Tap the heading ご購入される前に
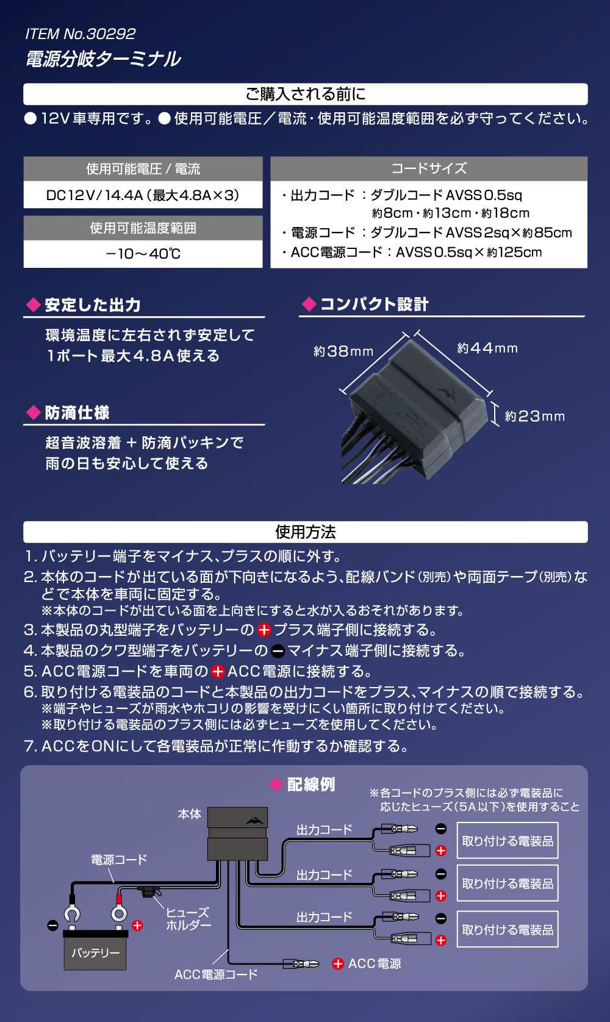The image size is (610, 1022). click(305, 94)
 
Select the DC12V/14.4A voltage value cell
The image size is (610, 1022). click(143, 195)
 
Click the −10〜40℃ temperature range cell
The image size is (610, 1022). click(143, 254)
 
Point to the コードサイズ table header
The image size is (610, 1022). click(429, 168)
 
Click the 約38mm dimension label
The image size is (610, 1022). click(343, 351)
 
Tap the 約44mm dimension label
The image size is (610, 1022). click(487, 348)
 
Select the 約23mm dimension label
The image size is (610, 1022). click(535, 416)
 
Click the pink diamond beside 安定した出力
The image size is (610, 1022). click(34, 305)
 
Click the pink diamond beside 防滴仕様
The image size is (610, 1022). click(34, 412)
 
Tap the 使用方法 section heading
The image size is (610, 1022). click(305, 532)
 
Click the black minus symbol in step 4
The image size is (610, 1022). click(278, 651)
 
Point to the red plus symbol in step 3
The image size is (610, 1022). click(264, 630)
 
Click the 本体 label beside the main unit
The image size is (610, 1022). click(189, 814)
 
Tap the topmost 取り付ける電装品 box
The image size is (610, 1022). click(508, 840)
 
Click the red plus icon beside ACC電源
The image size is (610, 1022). click(338, 963)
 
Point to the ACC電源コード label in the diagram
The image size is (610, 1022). click(216, 974)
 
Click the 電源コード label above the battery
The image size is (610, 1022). click(119, 860)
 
